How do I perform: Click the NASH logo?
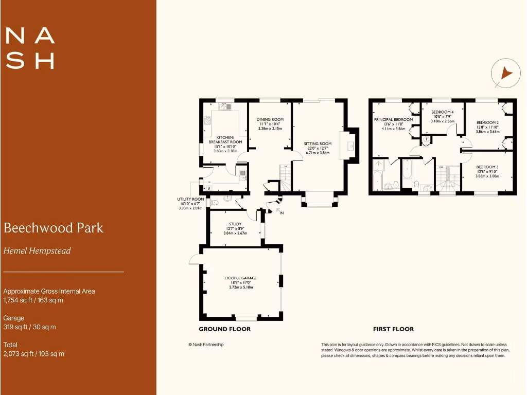(30, 48)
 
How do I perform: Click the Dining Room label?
(270, 119)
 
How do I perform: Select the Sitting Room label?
(318, 143)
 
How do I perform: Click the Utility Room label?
(190, 199)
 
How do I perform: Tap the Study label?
(235, 224)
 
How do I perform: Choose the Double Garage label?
(241, 278)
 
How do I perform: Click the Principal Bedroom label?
(393, 119)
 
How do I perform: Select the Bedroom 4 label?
(442, 112)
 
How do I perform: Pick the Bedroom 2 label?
(487, 119)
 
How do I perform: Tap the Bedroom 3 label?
(487, 167)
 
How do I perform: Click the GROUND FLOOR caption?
(225, 329)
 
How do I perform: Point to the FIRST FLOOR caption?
(393, 329)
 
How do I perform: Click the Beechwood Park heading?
(54, 228)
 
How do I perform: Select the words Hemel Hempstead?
(37, 251)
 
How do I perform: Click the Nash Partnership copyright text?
(206, 345)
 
